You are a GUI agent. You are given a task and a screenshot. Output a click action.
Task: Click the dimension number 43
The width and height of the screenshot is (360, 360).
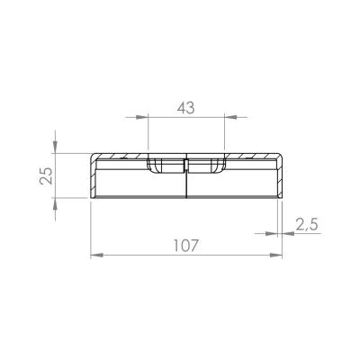point(185,108)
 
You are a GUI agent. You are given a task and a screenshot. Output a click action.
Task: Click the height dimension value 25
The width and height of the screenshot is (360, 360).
point(47,175)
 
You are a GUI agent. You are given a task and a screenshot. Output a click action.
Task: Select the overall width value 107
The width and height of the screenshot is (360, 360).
point(186,246)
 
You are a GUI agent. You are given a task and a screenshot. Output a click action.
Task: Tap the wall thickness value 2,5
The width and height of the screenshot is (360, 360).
point(306,225)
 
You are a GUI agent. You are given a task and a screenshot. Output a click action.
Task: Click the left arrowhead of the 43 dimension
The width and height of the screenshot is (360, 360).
point(141,117)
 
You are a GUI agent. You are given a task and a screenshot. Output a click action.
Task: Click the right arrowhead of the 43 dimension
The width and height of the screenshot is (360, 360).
point(230,117)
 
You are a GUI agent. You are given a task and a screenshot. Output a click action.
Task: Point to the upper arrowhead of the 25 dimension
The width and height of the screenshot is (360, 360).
point(55,147)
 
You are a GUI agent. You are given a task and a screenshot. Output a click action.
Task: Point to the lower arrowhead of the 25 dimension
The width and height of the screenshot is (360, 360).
point(55,204)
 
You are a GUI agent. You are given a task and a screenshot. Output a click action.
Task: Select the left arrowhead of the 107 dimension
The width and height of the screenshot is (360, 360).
point(97,256)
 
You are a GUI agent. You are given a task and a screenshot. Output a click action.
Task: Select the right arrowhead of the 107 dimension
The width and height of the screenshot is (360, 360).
point(276,256)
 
